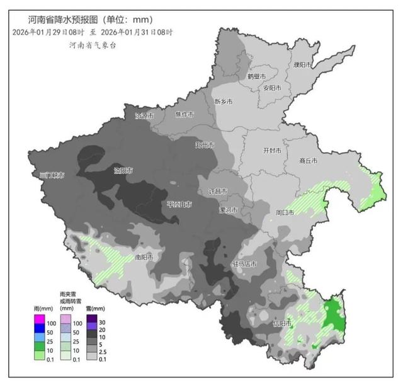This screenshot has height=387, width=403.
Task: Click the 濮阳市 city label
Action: pyautogui.click(x=302, y=65)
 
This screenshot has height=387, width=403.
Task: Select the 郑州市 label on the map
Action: pyautogui.click(x=205, y=145)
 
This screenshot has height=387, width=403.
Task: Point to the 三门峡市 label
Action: pyautogui.click(x=52, y=175)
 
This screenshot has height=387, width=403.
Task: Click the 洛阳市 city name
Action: pyautogui.click(x=123, y=170)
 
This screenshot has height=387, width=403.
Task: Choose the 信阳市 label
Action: pyautogui.click(x=282, y=323)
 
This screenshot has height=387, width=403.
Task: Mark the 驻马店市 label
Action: pyautogui.click(x=244, y=263)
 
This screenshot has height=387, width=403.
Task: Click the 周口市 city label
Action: pyautogui.click(x=285, y=213)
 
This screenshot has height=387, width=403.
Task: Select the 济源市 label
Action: pyautogui.click(x=144, y=116)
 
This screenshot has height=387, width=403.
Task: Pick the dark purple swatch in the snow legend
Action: pyautogui.click(x=92, y=318)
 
